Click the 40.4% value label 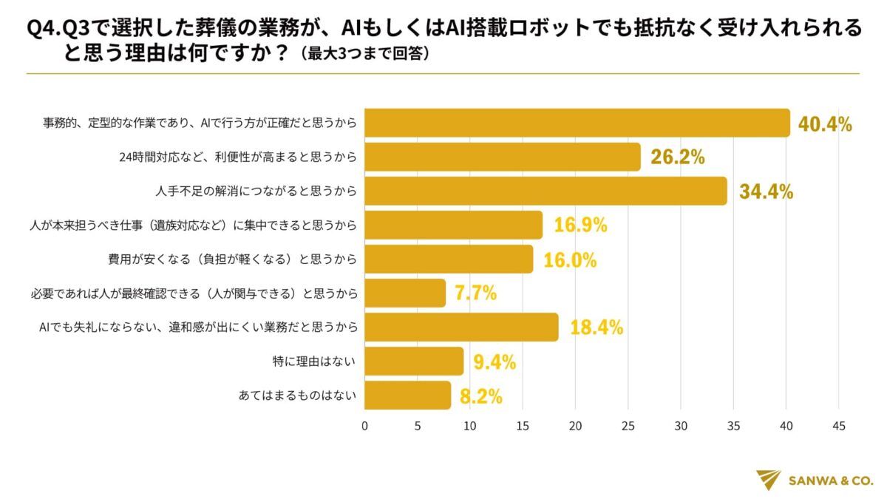pos(825,124)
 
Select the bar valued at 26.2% pos(503,157)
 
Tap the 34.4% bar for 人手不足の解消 pos(546,191)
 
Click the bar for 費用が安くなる pos(449,259)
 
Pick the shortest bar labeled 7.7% pos(405,293)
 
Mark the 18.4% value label pos(597,327)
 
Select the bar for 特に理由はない pos(414,361)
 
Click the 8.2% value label pos(480,396)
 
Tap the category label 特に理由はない pos(315,361)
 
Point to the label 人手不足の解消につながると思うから pos(256,191)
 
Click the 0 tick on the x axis pos(364,427)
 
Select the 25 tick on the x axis pos(628,427)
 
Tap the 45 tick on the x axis pos(838,427)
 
